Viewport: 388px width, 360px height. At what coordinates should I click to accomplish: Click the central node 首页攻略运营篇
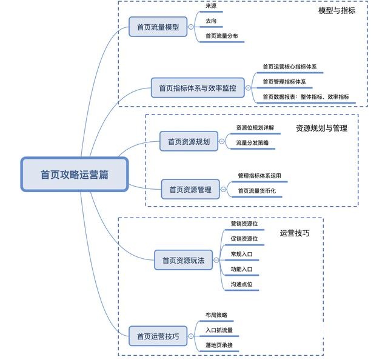[x=75, y=175]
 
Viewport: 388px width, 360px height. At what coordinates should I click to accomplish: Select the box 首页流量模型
[x=158, y=27]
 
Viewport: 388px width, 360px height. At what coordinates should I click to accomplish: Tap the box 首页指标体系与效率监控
[x=197, y=88]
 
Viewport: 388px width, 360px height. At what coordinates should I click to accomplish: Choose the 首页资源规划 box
[x=189, y=142]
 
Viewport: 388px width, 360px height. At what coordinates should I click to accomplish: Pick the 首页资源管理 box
[x=190, y=189]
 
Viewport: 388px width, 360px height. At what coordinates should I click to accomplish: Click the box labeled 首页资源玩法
[x=183, y=261]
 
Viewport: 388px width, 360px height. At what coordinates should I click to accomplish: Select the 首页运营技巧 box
[x=158, y=336]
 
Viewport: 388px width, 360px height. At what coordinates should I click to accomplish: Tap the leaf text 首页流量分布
[x=221, y=36]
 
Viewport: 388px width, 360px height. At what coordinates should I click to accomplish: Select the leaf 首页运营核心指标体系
[x=289, y=67]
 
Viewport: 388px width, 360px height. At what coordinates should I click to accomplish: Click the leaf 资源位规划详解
[x=255, y=128]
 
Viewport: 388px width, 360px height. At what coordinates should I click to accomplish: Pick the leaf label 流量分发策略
[x=252, y=143]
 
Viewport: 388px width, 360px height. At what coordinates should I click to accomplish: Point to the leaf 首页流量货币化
[x=256, y=191]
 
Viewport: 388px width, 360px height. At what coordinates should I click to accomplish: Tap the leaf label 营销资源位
[x=244, y=224]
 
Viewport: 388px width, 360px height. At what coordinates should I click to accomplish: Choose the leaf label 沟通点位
[x=241, y=284]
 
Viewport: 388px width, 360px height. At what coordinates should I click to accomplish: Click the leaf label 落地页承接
[x=219, y=345]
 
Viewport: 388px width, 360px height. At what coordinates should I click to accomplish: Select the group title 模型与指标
[x=336, y=10]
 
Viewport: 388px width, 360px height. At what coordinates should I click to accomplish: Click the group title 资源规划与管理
[x=321, y=128]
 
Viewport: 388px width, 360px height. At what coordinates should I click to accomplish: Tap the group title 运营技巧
[x=295, y=233]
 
